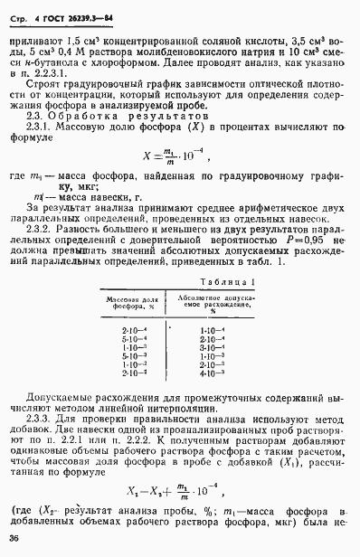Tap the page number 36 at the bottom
point(15,540)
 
